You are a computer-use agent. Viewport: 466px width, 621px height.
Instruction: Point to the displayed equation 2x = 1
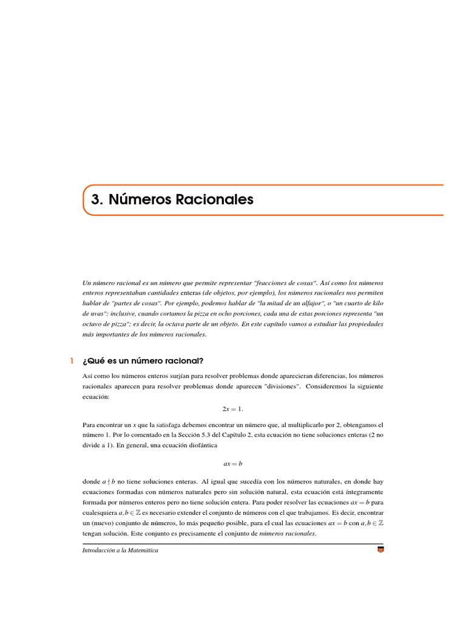[x=232, y=409]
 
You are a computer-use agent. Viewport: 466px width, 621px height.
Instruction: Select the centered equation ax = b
[x=232, y=464]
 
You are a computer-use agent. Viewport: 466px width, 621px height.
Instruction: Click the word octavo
[x=92, y=324]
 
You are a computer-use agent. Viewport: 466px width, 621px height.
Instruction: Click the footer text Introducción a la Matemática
[x=120, y=550]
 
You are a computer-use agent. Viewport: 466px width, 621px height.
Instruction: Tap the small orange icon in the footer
[x=380, y=550]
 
